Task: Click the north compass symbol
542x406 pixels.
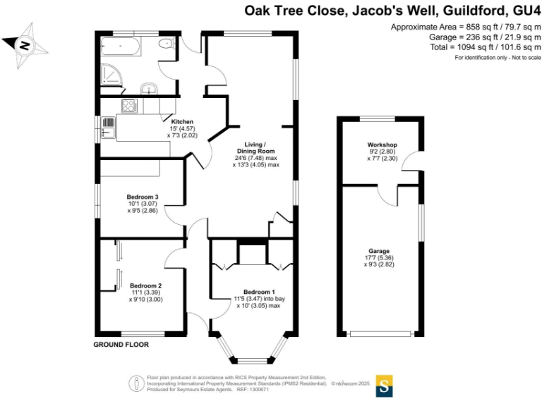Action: coord(25,44)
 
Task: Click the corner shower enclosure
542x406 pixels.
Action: coord(111,73)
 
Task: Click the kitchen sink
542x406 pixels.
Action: coord(109,130)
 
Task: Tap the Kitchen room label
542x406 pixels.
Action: coord(182,122)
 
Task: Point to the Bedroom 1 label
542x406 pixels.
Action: coord(259,292)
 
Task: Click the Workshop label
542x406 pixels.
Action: coord(383,145)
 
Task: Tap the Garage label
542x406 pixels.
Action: coord(379,251)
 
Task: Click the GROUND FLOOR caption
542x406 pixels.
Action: coord(121,345)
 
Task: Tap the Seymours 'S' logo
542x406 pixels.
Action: coord(385,385)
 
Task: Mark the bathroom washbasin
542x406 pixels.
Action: coord(149,88)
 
